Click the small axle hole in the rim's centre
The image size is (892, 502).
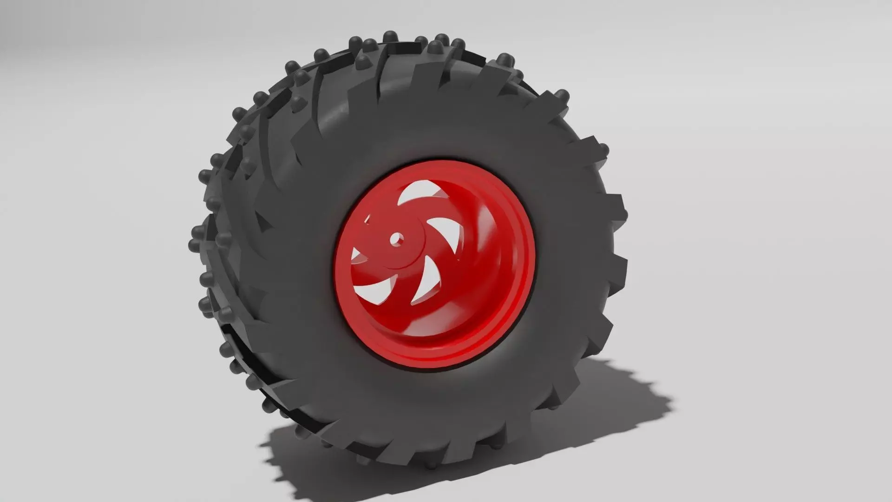point(396,239)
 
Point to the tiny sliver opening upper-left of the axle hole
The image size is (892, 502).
point(368,219)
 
